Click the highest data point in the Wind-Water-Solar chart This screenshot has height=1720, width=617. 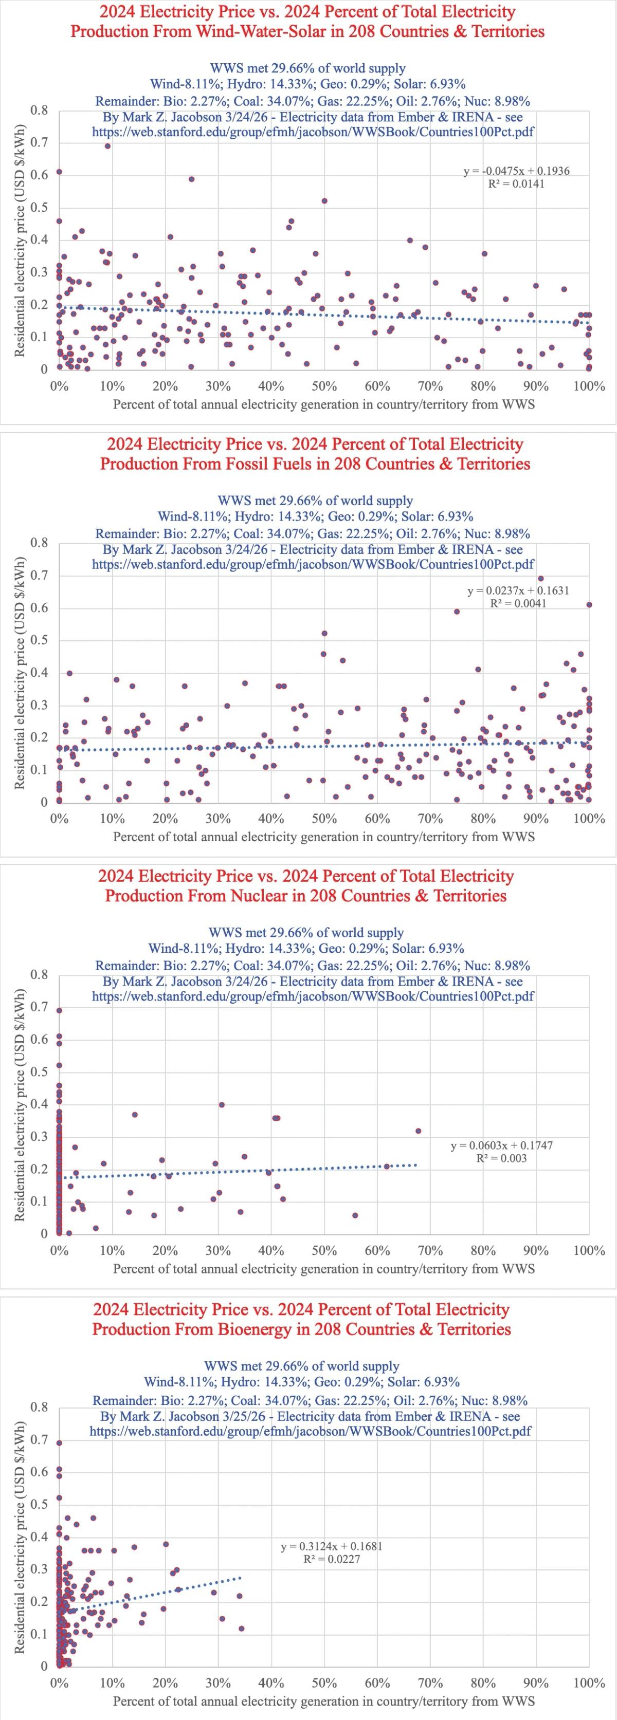pos(107,145)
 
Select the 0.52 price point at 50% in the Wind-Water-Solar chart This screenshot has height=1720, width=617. pos(324,200)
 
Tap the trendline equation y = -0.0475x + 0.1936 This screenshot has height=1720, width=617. pos(517,171)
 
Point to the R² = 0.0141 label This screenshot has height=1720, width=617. pos(516,183)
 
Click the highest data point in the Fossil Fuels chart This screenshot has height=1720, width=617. pos(541,578)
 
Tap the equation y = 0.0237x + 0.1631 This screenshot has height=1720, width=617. pos(518,590)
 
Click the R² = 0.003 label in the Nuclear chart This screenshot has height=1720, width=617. pos(501,1158)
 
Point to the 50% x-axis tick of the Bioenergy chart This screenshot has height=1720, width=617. pos(324,1682)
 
